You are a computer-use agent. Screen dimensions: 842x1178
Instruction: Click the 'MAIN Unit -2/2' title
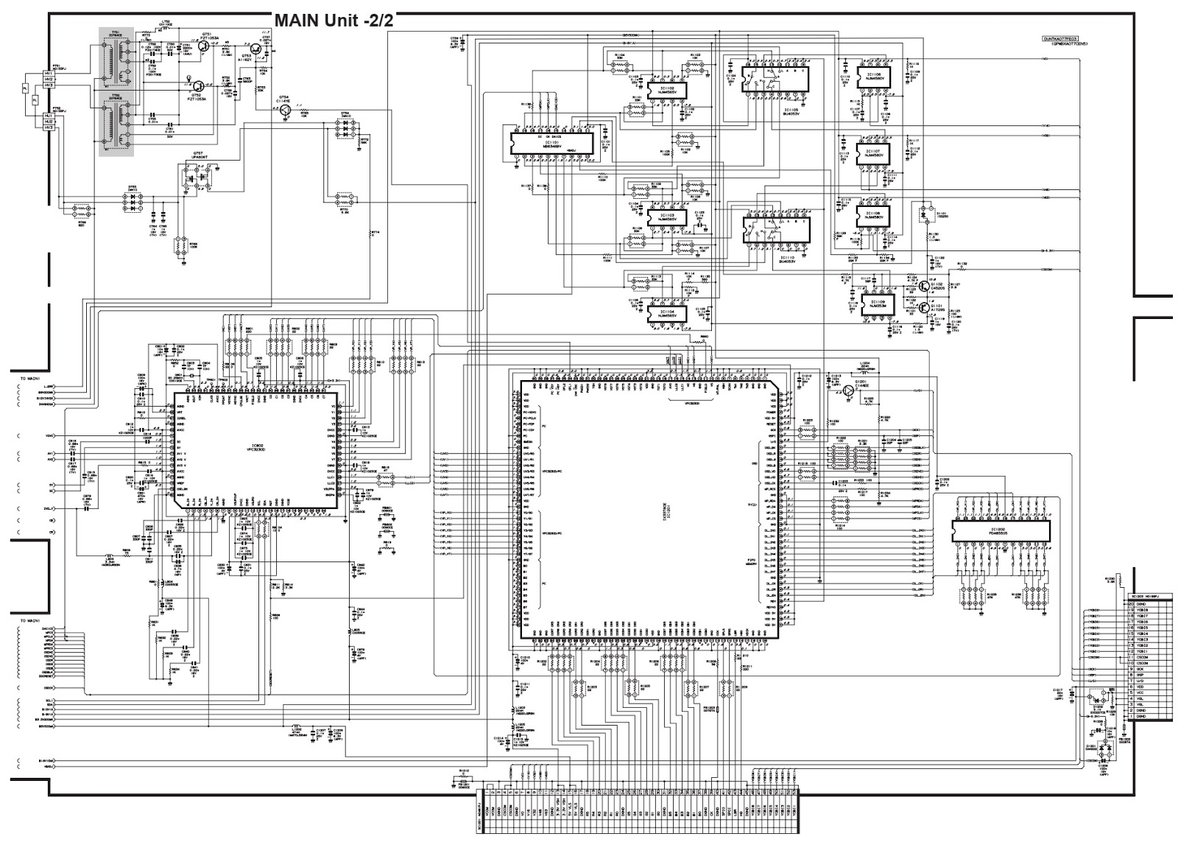pos(334,20)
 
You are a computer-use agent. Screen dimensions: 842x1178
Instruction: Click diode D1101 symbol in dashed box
pos(924,214)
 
